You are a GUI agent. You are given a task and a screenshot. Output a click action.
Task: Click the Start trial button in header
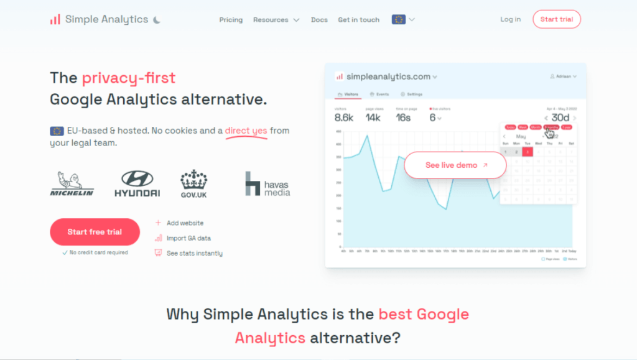click(x=556, y=19)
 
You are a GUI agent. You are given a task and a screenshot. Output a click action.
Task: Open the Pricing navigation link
click(x=231, y=20)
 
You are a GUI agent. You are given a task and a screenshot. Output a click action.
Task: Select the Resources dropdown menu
click(x=276, y=20)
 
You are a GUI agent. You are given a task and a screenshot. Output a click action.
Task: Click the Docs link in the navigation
click(x=319, y=20)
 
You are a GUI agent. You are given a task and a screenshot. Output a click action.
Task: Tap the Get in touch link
click(x=358, y=20)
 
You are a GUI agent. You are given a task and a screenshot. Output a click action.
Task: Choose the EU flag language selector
click(x=402, y=19)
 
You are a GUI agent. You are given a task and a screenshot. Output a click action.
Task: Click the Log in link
click(x=510, y=19)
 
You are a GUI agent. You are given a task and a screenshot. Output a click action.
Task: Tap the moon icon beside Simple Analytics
click(x=157, y=20)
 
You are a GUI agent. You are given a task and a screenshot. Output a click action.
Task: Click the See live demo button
click(x=455, y=165)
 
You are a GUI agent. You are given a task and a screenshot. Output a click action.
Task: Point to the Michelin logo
click(x=72, y=184)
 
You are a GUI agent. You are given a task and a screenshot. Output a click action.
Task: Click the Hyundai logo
click(x=137, y=184)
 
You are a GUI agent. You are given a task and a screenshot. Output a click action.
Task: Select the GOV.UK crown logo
click(x=194, y=184)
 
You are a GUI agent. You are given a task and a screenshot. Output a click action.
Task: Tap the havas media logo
click(x=267, y=184)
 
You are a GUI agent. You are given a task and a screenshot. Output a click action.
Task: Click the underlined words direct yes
click(x=246, y=131)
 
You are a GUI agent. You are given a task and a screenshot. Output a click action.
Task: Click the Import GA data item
click(x=188, y=238)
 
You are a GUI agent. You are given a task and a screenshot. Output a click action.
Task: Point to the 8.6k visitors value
click(x=344, y=118)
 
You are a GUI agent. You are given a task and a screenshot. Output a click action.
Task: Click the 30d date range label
click(x=560, y=118)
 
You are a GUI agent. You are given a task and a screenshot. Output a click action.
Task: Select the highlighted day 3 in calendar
click(x=527, y=152)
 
